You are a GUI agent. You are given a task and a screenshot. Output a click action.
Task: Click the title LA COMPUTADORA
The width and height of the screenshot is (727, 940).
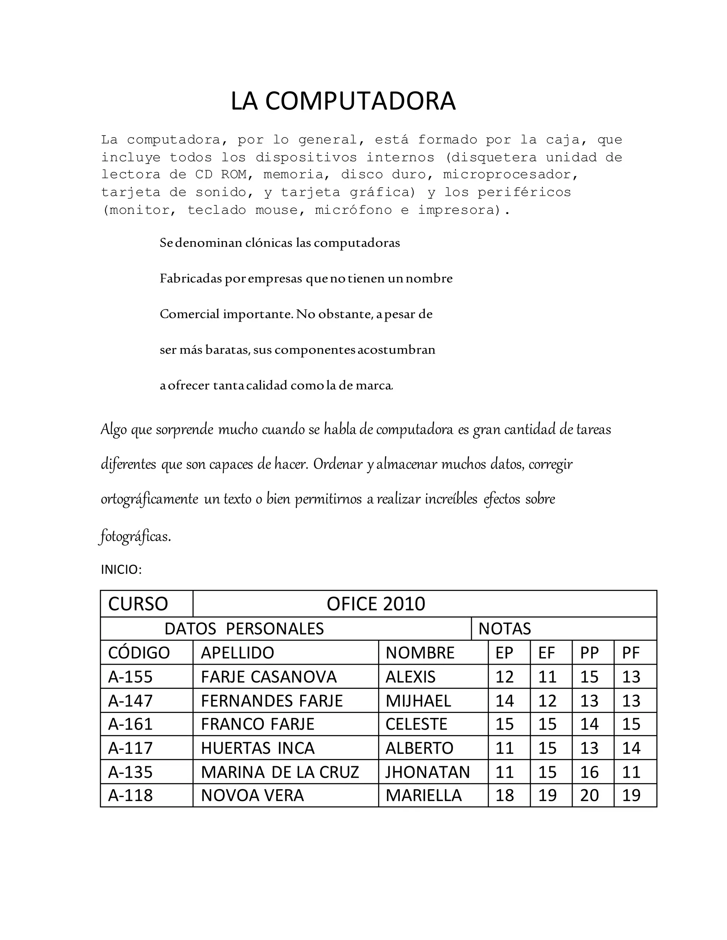click(x=343, y=101)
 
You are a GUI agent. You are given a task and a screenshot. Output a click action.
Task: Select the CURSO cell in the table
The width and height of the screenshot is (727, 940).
click(x=138, y=604)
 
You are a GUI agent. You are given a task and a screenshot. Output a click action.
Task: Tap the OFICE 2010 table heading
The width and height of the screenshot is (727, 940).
click(x=376, y=604)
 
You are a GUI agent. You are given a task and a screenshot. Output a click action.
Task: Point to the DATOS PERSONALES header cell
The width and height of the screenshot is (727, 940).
click(x=244, y=629)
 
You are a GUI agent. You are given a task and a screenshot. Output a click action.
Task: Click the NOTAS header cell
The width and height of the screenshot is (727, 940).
click(x=504, y=629)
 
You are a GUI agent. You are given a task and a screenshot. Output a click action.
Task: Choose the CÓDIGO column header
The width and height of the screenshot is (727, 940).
click(x=139, y=653)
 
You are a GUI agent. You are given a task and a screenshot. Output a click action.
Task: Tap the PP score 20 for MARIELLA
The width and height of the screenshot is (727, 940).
click(x=589, y=795)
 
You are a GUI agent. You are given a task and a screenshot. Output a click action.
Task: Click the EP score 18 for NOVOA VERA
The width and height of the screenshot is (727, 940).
click(x=504, y=795)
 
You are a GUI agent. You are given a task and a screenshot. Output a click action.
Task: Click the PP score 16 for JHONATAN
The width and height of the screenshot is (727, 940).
click(x=589, y=772)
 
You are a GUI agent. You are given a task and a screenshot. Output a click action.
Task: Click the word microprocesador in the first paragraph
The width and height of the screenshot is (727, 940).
click(x=510, y=175)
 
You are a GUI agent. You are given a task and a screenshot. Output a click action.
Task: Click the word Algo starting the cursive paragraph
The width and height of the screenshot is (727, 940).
click(x=114, y=430)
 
